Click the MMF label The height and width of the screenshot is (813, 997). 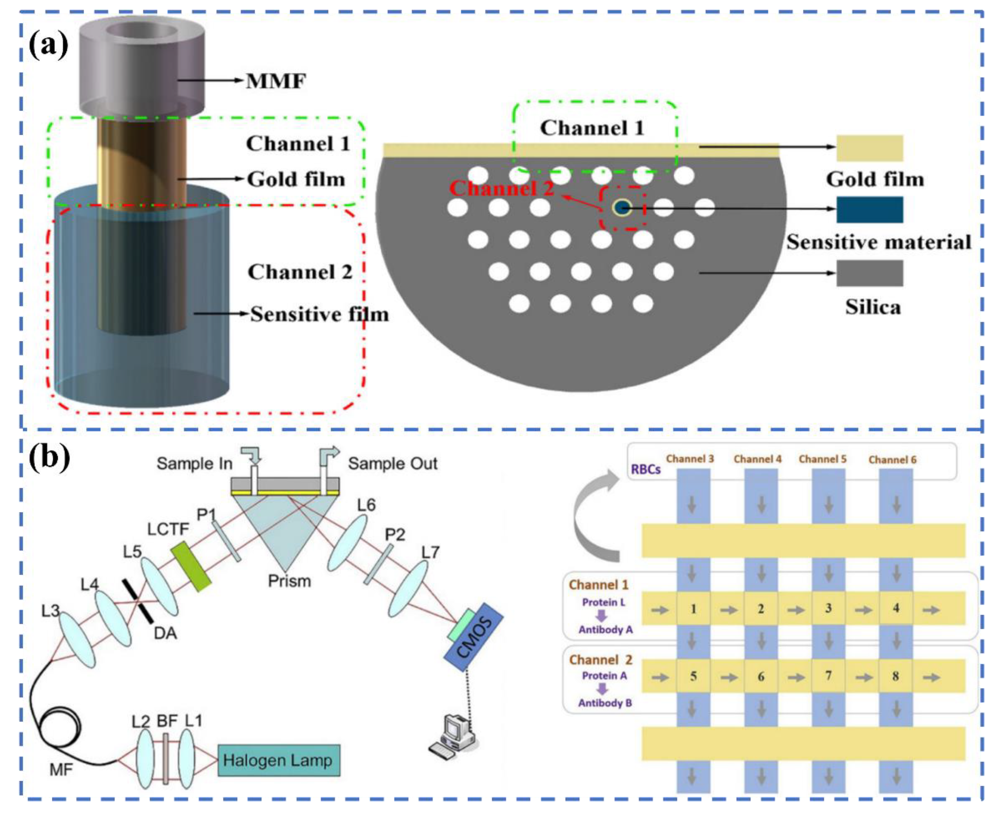(x=276, y=81)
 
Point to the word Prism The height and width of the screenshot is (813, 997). (x=289, y=581)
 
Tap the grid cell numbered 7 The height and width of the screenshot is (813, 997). (x=828, y=676)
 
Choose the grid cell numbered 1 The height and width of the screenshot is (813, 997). (x=693, y=608)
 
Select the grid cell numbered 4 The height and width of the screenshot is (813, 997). (x=896, y=608)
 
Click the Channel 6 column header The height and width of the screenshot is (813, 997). (x=892, y=459)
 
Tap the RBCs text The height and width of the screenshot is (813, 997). (x=646, y=469)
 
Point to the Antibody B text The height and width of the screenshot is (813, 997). (x=605, y=703)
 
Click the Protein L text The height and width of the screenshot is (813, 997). (x=603, y=602)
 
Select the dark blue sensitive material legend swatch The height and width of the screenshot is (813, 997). (x=870, y=209)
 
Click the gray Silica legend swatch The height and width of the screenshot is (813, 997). (x=870, y=273)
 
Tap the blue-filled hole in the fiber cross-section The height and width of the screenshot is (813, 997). (x=622, y=208)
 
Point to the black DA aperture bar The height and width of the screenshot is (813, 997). (x=138, y=601)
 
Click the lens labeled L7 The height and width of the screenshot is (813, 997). (x=408, y=588)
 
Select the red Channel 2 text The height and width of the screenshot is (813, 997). (x=501, y=188)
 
